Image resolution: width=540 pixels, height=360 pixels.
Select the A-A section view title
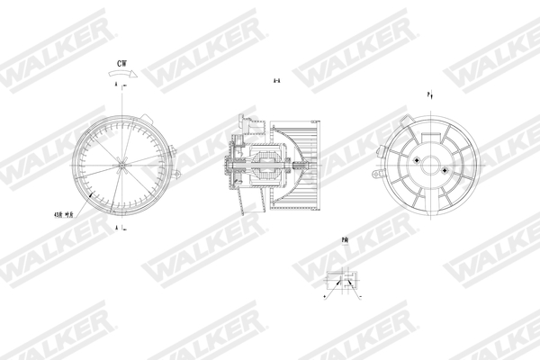pyautogui.click(x=278, y=81)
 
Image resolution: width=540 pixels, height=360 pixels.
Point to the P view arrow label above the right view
pyautogui.click(x=430, y=94)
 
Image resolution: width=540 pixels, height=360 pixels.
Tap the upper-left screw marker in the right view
pyautogui.click(x=418, y=159)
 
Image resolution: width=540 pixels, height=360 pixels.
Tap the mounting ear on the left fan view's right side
pyautogui.click(x=177, y=171)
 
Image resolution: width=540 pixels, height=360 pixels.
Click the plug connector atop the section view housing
pyautogui.click(x=245, y=121)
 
